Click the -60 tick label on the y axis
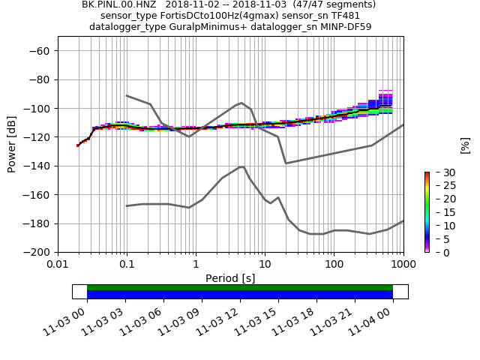[x=39, y=51]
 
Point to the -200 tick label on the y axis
[x=36, y=252]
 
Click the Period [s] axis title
[x=230, y=278]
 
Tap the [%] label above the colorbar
[x=465, y=145]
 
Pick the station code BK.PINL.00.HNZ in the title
[x=117, y=4]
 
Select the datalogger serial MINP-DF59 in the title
[x=343, y=27]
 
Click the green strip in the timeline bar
[x=240, y=287]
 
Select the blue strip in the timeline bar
[x=240, y=295]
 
